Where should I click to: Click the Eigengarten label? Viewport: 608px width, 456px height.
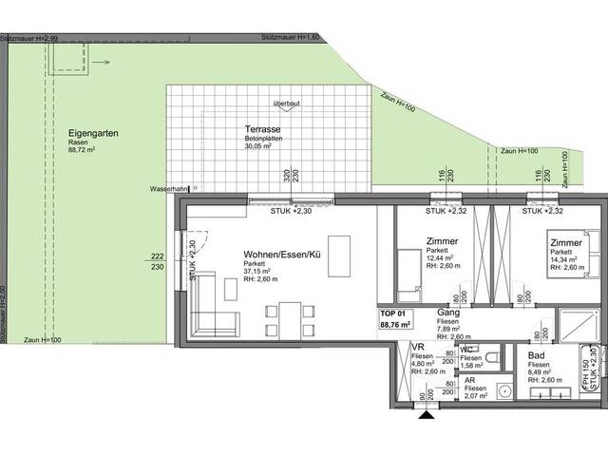(93, 134)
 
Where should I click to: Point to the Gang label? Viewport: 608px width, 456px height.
(448, 312)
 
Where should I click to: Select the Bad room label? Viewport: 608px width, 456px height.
(537, 353)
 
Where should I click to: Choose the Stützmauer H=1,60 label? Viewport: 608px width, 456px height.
(293, 36)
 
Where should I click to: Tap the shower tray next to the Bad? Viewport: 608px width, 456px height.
(576, 326)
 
